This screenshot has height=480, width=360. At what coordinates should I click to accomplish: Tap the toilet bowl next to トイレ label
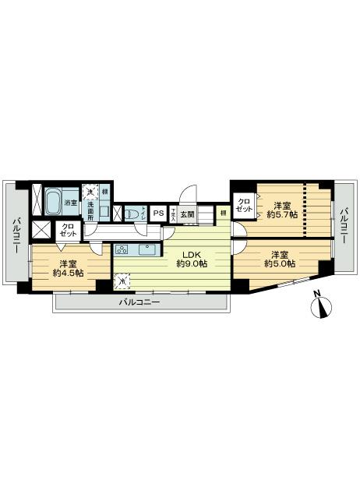pos(133,213)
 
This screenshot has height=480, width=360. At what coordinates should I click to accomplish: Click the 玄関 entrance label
pos(187,214)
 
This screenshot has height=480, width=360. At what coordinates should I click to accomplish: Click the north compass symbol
pos(322,305)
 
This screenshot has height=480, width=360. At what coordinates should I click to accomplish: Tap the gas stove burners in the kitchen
pos(122,250)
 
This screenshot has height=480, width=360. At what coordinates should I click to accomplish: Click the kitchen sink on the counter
pos(146,250)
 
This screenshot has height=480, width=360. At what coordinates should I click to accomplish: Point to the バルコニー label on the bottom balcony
pos(139,302)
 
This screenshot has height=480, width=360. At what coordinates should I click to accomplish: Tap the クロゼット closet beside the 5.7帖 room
pos(245,205)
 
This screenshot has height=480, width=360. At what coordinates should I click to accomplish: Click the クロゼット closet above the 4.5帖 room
pos(68,230)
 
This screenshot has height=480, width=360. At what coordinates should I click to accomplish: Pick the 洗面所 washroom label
pos(90,211)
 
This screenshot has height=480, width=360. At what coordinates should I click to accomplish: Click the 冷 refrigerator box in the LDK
pos(122,282)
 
